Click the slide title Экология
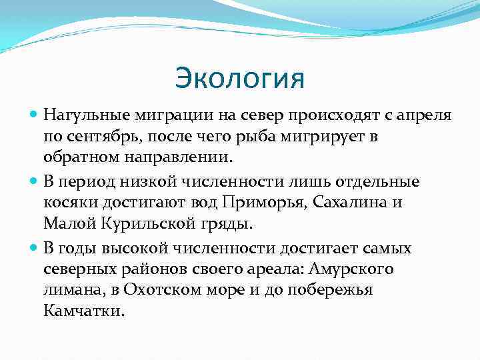click(x=240, y=78)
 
